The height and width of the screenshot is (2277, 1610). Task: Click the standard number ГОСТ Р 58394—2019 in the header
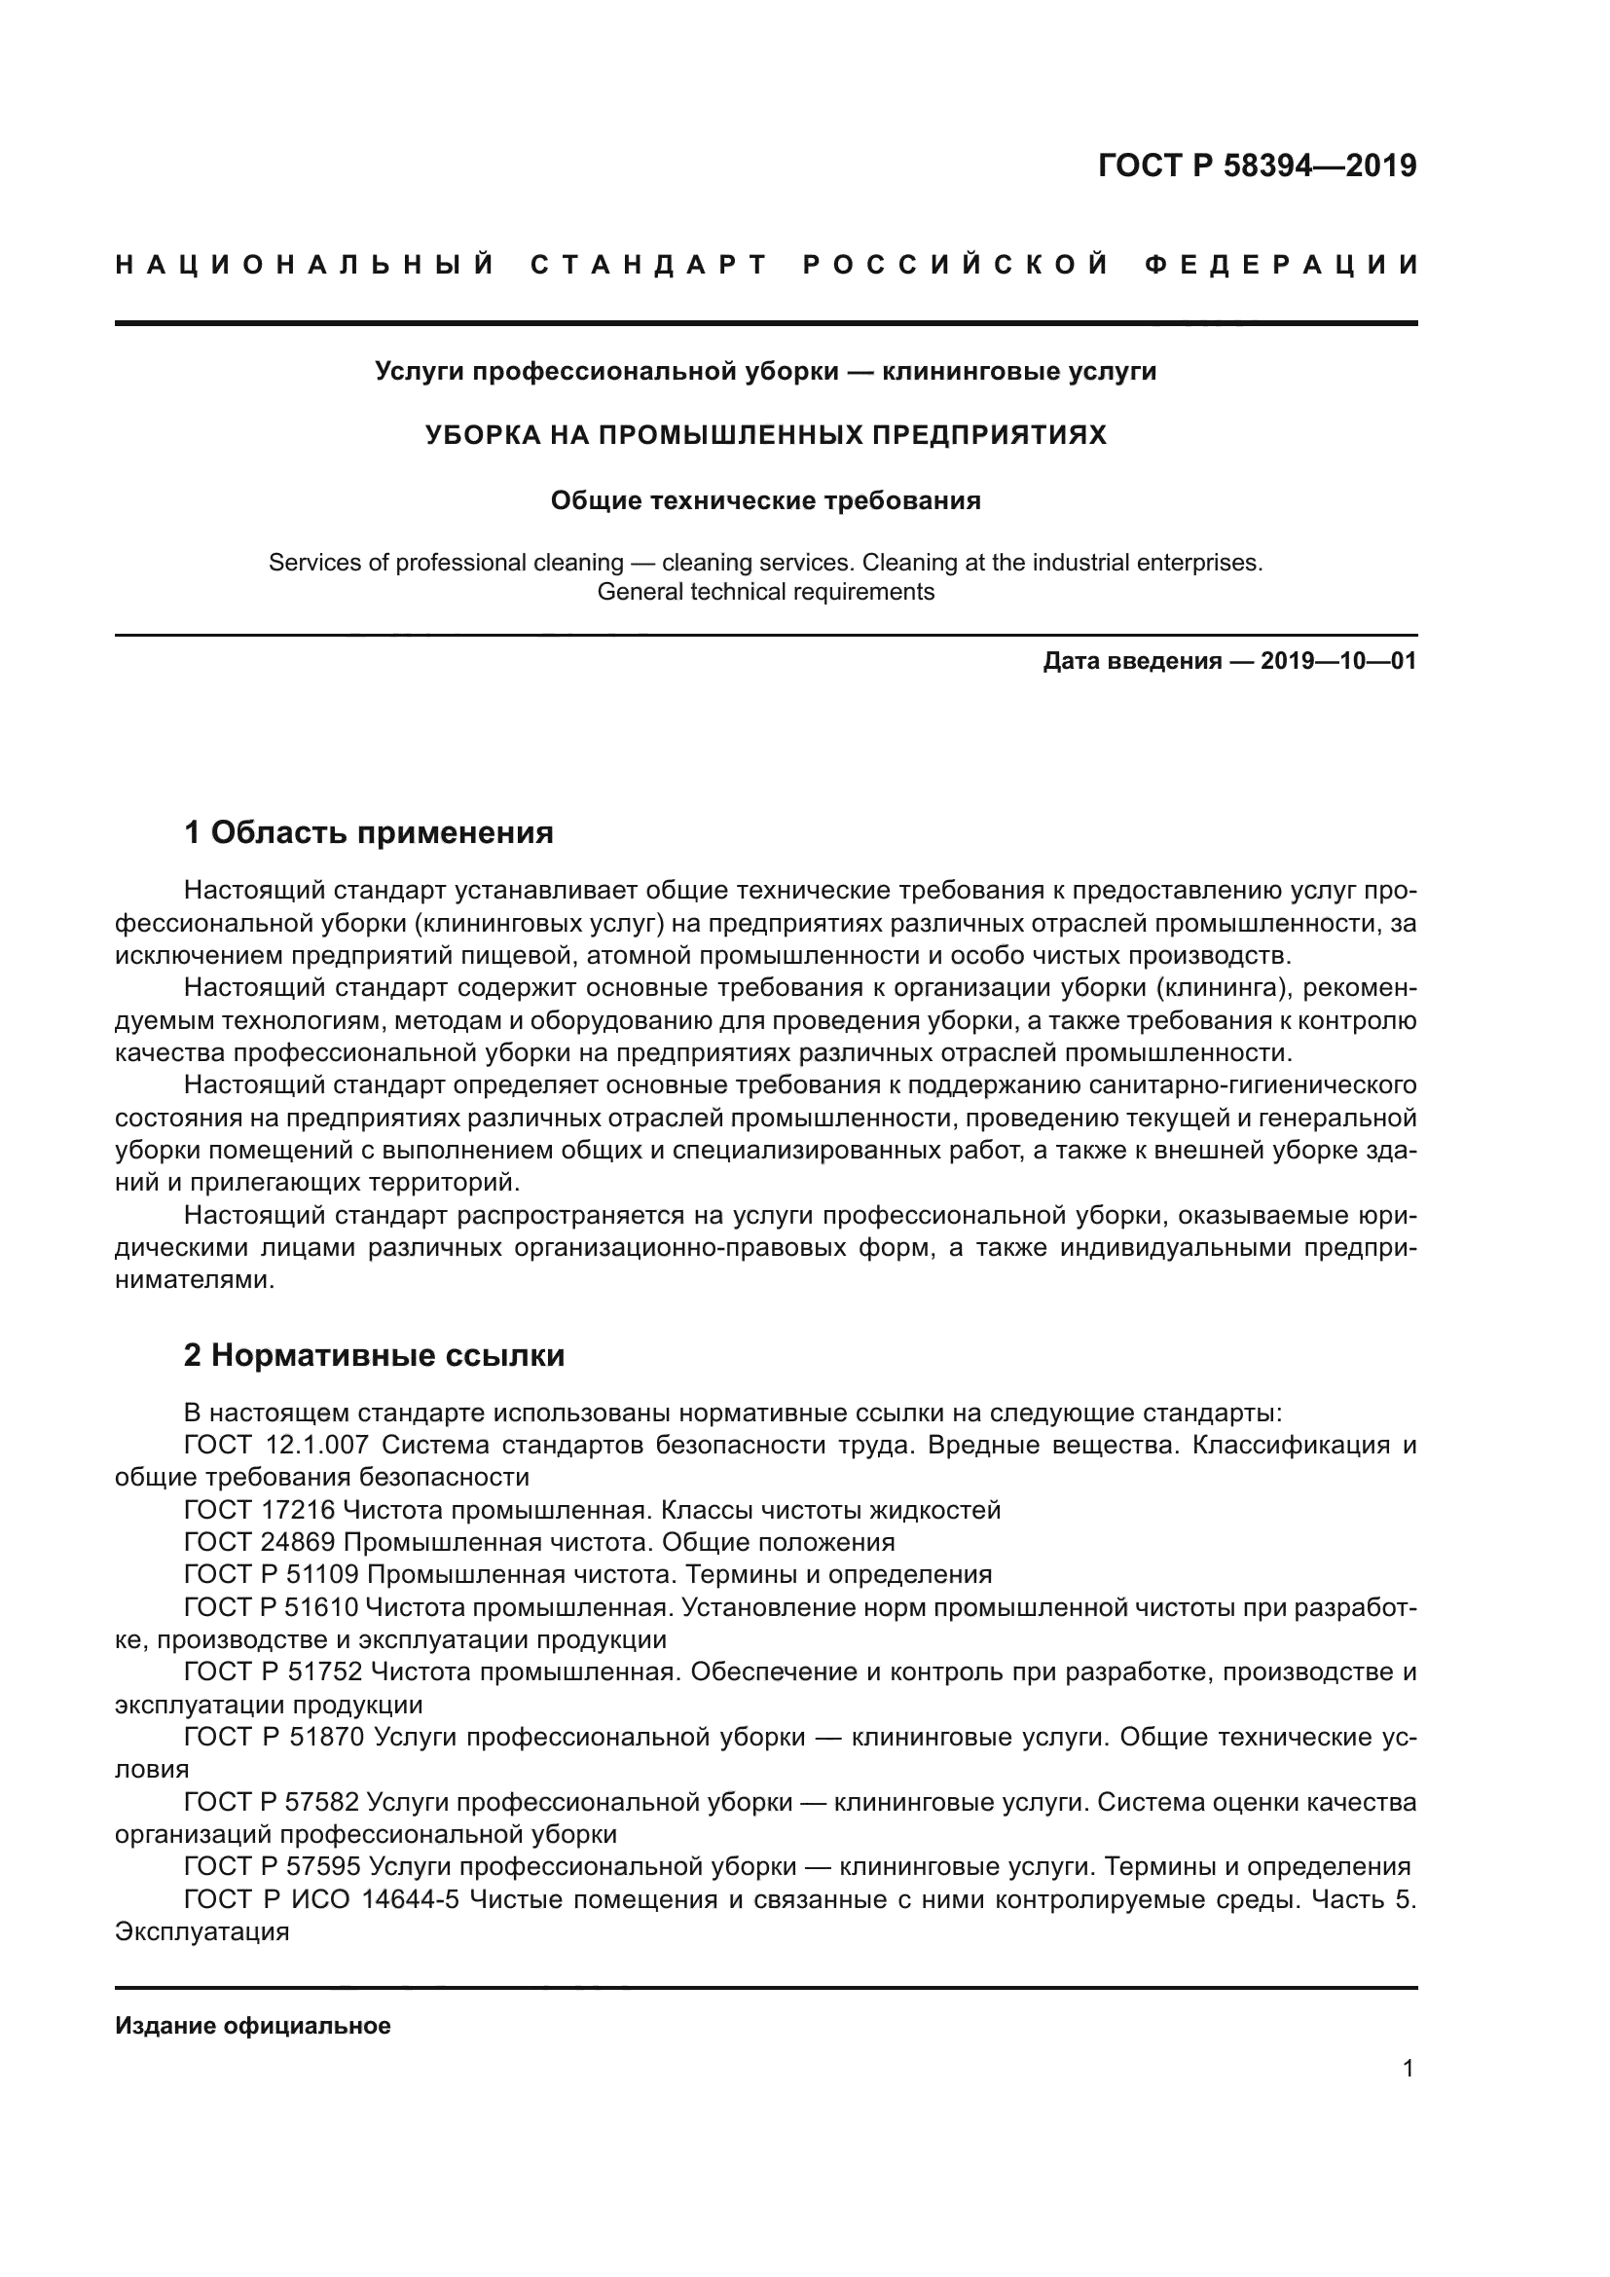tap(1257, 165)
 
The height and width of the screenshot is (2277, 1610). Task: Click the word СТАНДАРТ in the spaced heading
tap(649, 265)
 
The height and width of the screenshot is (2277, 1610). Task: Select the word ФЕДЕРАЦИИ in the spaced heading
tap(1281, 265)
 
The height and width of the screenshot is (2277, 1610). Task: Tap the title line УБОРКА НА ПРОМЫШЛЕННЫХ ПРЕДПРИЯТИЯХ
tap(765, 435)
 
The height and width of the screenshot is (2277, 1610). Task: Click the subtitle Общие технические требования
tap(765, 500)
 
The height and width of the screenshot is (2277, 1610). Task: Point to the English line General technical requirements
tap(765, 592)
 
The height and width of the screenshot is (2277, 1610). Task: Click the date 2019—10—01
tap(1338, 661)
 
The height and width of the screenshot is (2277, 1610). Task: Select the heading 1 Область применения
tap(369, 832)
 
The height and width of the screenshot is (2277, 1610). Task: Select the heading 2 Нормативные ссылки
tap(374, 1355)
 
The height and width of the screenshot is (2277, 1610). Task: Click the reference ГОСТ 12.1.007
tap(276, 1445)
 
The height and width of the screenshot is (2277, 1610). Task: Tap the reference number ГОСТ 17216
tap(263, 1511)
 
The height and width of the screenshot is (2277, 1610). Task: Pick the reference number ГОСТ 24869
tap(263, 1542)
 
